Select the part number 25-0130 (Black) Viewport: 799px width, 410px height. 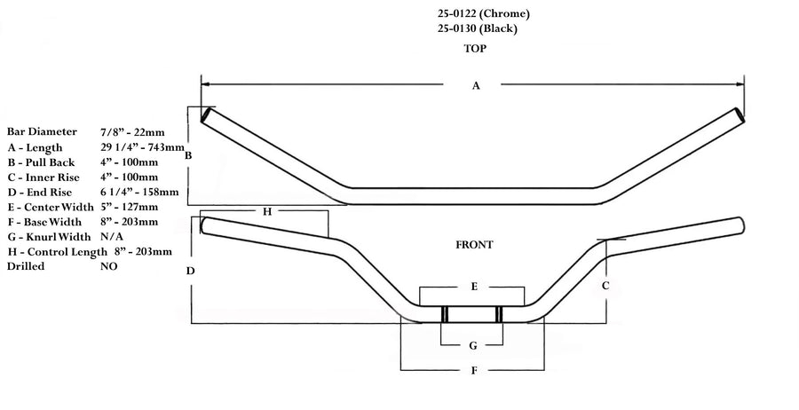tap(478, 28)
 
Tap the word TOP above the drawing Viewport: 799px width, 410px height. tap(475, 49)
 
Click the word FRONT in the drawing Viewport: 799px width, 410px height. tap(474, 244)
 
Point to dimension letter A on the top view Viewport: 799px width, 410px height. tap(476, 85)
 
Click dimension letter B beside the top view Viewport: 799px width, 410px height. tap(188, 156)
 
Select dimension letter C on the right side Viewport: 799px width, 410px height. tap(605, 286)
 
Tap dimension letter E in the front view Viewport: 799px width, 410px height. tap(474, 287)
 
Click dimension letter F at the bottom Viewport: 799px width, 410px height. tap(474, 369)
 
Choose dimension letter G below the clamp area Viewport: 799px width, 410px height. tap(474, 345)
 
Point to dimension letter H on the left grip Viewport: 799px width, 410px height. tap(265, 211)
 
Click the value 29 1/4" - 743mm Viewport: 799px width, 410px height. tap(143, 147)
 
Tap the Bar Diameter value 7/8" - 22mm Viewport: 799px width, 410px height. tap(132, 132)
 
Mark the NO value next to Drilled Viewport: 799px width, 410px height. tap(109, 266)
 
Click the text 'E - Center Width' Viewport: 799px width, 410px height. tap(51, 207)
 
